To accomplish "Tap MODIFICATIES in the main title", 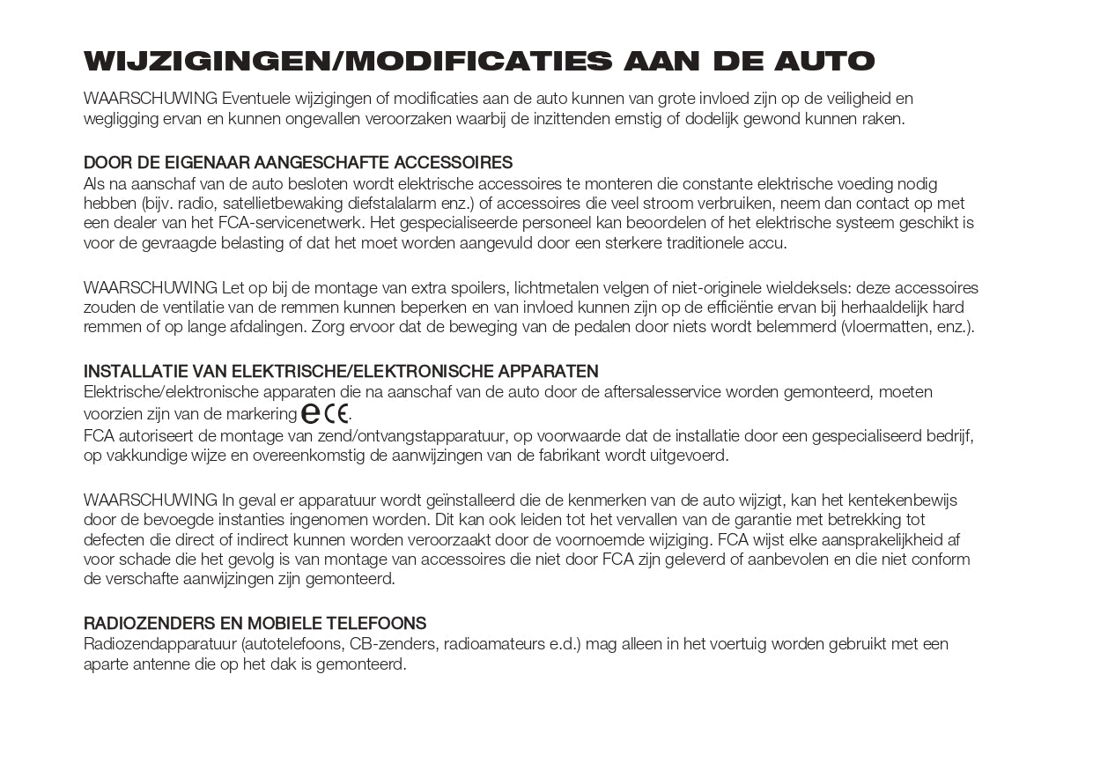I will (x=476, y=61).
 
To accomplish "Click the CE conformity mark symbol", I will (x=336, y=412).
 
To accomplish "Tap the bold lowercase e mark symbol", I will (x=311, y=412).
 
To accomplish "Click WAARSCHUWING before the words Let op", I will (x=151, y=288).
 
